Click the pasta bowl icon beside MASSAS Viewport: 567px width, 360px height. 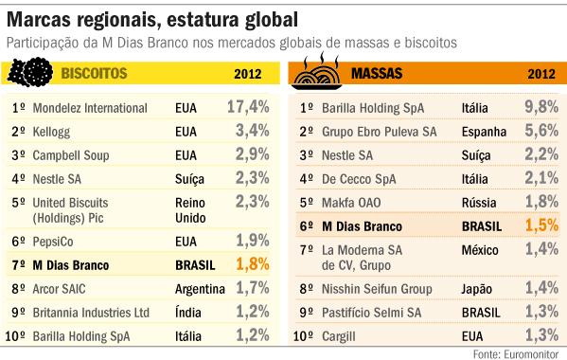[x=318, y=72]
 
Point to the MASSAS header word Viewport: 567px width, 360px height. [x=379, y=73]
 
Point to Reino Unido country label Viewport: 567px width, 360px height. [x=195, y=208]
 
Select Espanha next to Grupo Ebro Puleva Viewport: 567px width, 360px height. [x=487, y=130]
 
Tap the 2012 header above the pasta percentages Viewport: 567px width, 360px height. [x=540, y=73]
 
